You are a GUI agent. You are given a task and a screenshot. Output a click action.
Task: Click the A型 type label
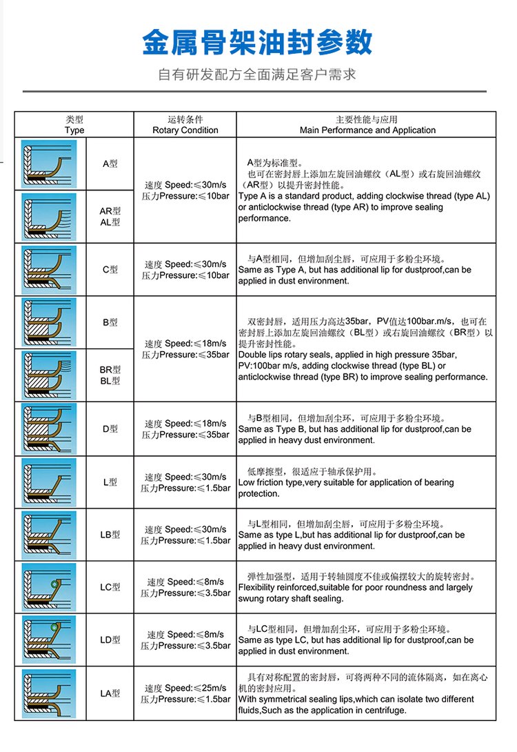(110, 164)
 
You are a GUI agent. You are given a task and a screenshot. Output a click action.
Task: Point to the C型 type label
(110, 270)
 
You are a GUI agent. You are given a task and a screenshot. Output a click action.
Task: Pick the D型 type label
(110, 428)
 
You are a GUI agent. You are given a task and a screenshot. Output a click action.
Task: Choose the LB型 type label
(110, 535)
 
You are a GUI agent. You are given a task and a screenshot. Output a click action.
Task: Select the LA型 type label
(110, 693)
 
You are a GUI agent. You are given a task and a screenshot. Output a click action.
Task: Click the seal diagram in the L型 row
(49, 482)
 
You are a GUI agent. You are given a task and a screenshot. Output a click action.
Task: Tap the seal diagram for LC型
(49, 587)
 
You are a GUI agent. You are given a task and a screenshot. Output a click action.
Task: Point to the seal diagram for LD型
(49, 640)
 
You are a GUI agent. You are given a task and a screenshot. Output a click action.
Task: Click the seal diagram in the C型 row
(49, 270)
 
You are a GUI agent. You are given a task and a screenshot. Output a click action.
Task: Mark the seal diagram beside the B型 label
(49, 322)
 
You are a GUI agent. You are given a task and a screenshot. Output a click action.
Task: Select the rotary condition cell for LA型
(185, 693)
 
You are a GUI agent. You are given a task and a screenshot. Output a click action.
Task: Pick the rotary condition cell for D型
(185, 428)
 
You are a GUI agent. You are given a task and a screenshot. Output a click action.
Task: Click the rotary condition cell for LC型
(185, 587)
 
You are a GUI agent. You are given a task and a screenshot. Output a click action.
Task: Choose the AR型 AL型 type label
(110, 217)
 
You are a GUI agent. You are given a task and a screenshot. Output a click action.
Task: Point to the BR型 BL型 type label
(110, 375)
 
